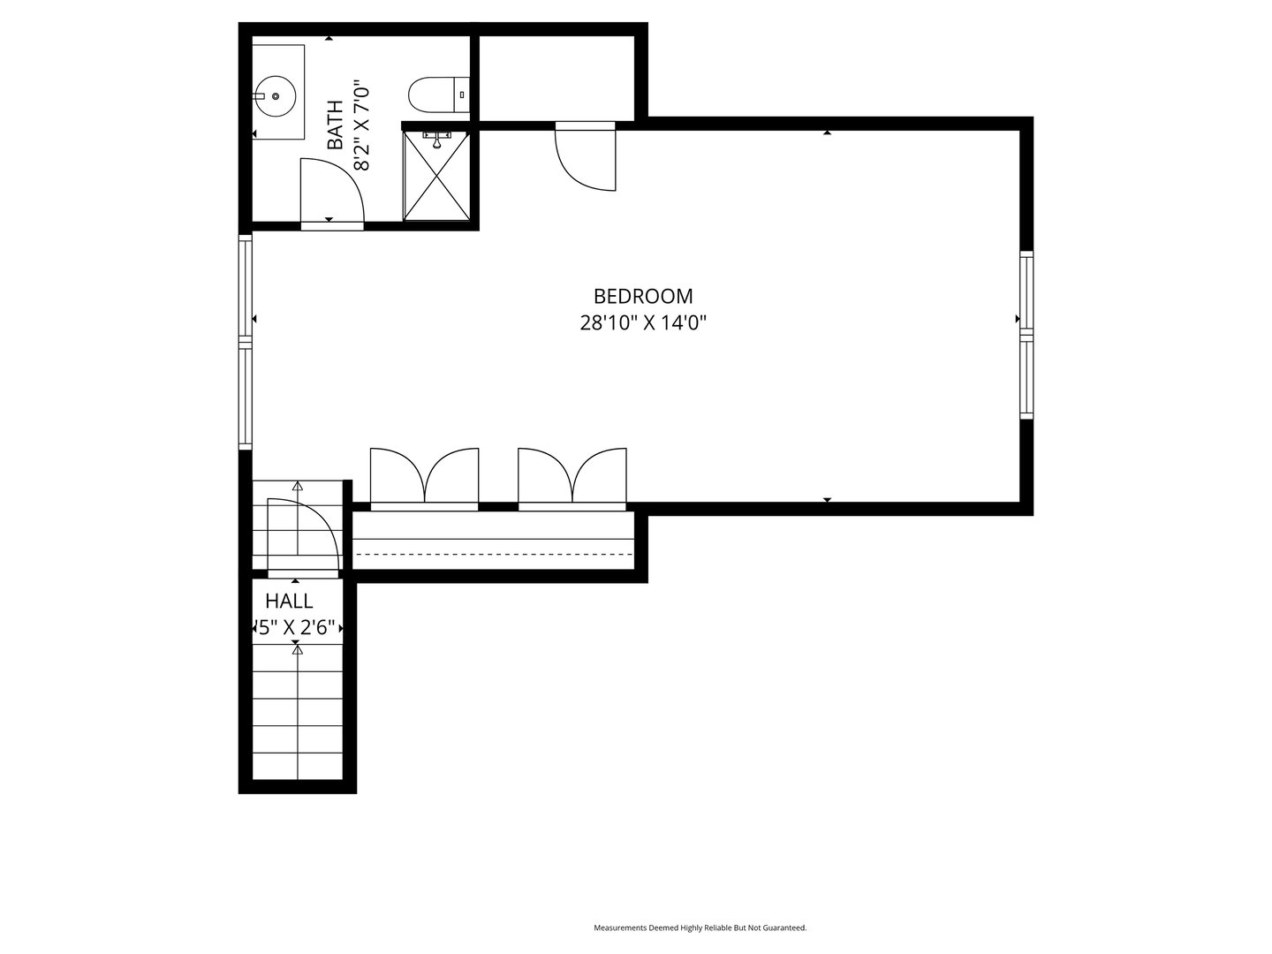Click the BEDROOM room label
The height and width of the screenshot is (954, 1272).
pos(642,296)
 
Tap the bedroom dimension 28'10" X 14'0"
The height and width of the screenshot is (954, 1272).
pos(642,323)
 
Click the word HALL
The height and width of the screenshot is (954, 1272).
pos(290,602)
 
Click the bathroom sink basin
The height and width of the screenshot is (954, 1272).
pos(276,95)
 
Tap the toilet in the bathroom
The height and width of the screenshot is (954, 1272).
pos(434,95)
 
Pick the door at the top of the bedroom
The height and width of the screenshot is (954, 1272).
pos(587,157)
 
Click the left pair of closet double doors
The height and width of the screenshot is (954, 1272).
pos(424,478)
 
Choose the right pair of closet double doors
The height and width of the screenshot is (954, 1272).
pos(572,478)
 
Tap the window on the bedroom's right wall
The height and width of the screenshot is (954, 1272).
pos(1026,334)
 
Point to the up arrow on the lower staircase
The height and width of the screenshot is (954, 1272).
pos(298,649)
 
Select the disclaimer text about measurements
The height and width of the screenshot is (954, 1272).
pos(700,927)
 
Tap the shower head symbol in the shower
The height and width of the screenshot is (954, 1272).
pos(437,136)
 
